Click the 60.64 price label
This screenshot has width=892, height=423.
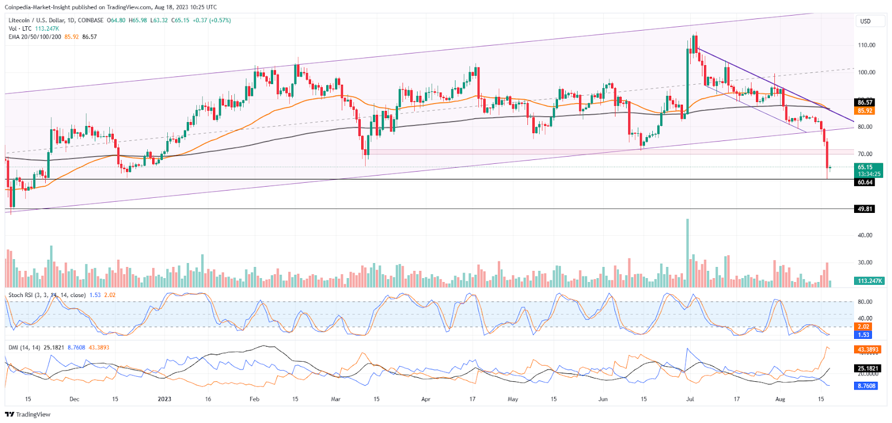click(865, 182)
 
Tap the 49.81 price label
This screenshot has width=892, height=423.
click(865, 209)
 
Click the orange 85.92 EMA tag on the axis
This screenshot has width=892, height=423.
click(865, 111)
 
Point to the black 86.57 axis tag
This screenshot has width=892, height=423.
click(865, 103)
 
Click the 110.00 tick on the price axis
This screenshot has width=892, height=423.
click(866, 45)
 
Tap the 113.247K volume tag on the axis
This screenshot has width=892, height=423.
click(869, 281)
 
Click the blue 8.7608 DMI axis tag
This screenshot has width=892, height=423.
click(866, 386)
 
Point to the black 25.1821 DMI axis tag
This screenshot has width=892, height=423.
click(867, 368)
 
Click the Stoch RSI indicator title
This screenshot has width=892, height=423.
click(47, 295)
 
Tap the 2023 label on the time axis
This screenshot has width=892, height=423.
click(164, 399)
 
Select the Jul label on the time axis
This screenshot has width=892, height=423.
click(690, 399)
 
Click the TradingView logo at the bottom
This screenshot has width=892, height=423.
click(28, 414)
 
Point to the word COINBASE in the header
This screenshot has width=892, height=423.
click(90, 20)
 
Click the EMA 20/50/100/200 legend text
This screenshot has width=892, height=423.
click(35, 37)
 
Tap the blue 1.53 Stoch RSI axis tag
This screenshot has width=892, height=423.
click(863, 335)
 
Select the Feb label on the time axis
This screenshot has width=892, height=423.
click(254, 399)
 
